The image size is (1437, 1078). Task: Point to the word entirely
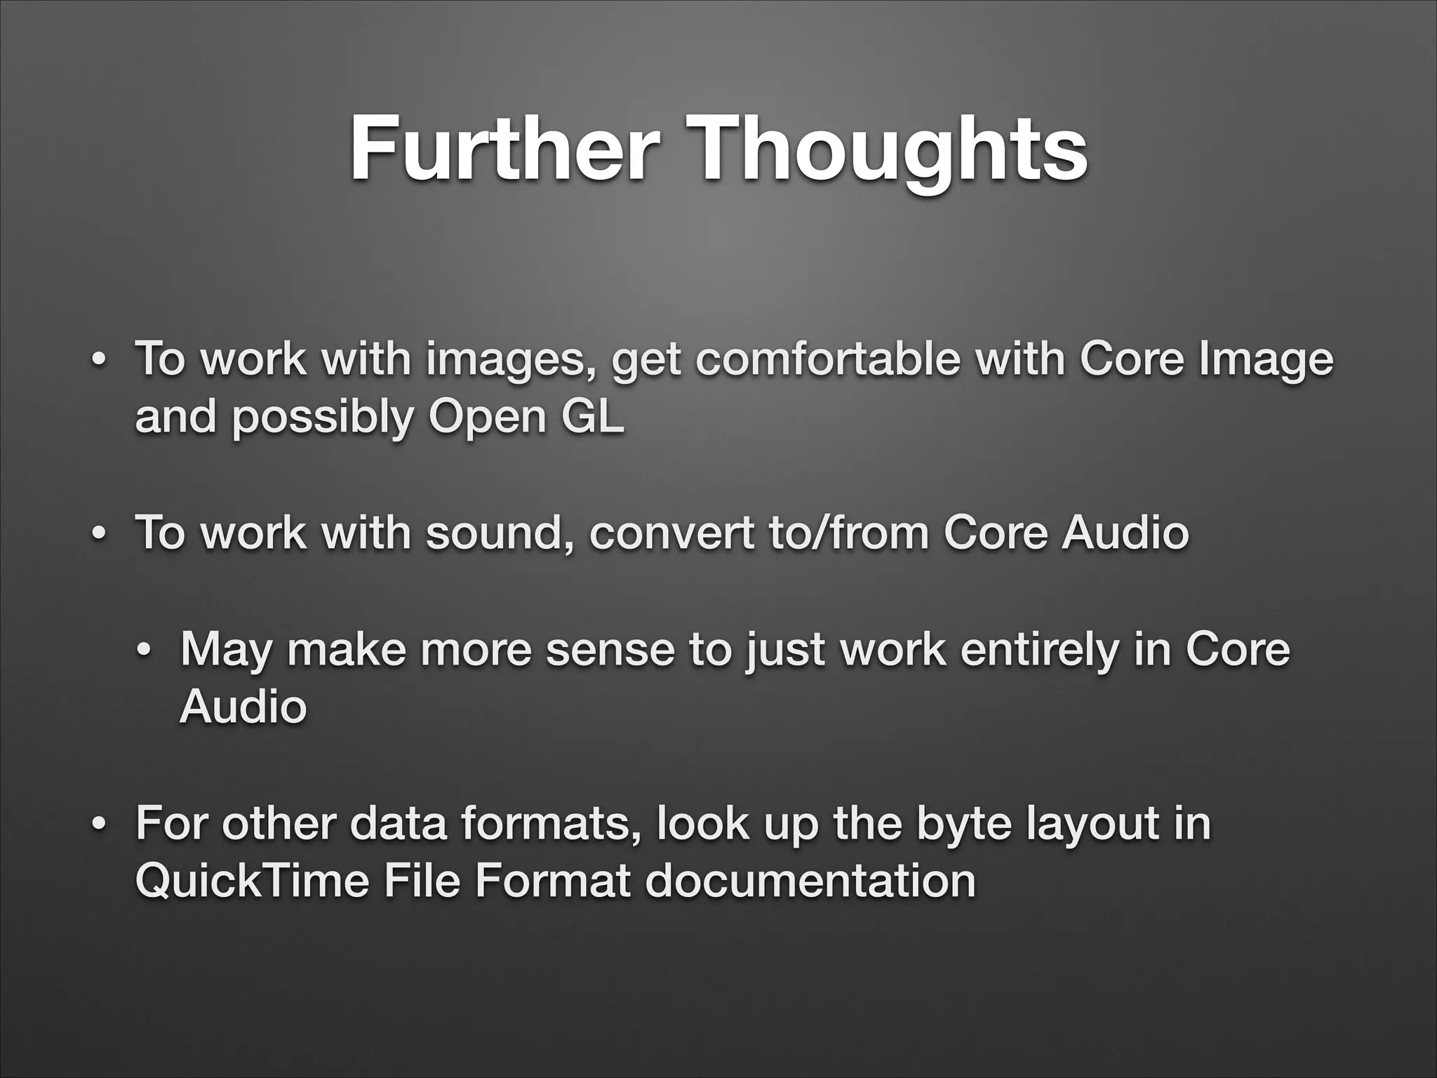click(x=1038, y=650)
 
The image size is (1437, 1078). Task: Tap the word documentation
click(x=810, y=880)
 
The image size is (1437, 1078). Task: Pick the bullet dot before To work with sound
click(x=100, y=533)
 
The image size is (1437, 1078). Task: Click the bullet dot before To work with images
click(x=100, y=359)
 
